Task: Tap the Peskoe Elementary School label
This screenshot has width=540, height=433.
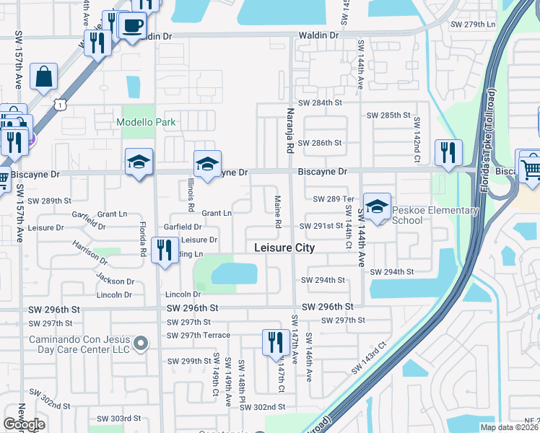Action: click(435, 215)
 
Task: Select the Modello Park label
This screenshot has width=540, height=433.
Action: click(147, 122)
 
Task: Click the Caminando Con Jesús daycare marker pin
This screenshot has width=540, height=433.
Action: click(143, 340)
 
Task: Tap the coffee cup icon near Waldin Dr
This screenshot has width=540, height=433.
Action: click(131, 27)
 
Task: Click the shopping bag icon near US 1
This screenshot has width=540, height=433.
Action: click(44, 76)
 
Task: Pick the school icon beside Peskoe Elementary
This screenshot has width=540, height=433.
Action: click(377, 206)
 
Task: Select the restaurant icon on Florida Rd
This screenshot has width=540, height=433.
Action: click(165, 250)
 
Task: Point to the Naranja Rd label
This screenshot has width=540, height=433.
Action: click(290, 137)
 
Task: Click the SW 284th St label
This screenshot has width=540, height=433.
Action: click(320, 102)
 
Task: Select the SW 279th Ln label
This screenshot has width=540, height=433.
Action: click(473, 25)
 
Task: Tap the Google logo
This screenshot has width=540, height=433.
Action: click(25, 424)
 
